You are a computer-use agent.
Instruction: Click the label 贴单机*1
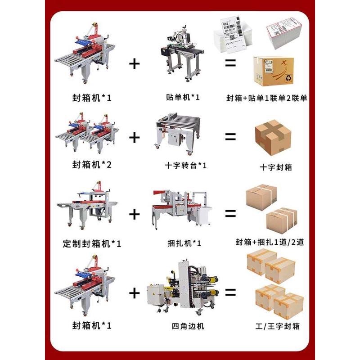[x=183, y=97]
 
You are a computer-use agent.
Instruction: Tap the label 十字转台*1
[x=186, y=165]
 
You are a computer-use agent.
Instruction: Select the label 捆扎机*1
[x=184, y=243]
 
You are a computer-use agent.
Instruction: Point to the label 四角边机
[x=185, y=325]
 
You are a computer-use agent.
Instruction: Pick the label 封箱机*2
[x=91, y=165]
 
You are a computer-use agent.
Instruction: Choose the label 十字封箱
[x=276, y=167]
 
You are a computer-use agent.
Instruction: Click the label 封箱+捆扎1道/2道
[x=270, y=243]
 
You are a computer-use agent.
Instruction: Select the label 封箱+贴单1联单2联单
[x=267, y=97]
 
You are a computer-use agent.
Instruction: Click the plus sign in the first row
[x=134, y=63]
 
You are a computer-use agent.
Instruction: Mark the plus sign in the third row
[x=134, y=214]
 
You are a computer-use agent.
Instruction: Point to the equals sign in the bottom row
[x=230, y=293]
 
